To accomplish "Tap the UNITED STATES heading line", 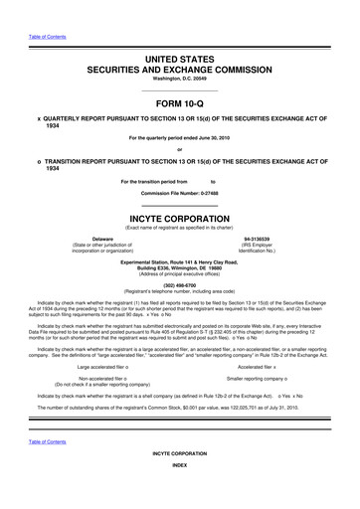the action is pyautogui.click(x=179, y=61).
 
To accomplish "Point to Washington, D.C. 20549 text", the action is pyautogui.click(x=179, y=84).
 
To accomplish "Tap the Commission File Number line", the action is pyautogui.click(x=179, y=192).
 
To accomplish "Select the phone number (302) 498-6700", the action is pyautogui.click(x=179, y=281).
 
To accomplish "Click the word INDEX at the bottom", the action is pyautogui.click(x=179, y=492).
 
